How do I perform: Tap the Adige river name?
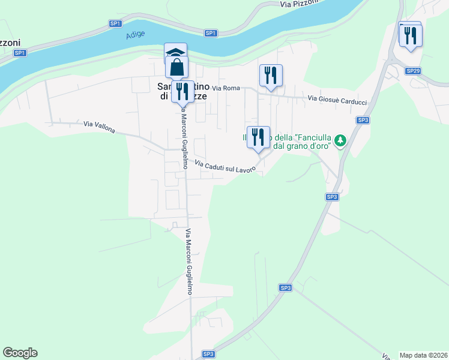[x=136, y=35]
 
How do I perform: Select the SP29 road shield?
[x=412, y=71]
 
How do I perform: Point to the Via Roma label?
[x=230, y=88]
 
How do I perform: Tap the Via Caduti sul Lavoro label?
[x=225, y=167]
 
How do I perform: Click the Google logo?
[x=20, y=353]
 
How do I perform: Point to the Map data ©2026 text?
[x=423, y=355]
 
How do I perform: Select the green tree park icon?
[x=341, y=140]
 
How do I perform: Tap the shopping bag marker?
[x=177, y=67]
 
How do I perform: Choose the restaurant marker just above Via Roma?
[x=271, y=76]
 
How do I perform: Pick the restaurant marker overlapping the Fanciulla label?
[x=258, y=137]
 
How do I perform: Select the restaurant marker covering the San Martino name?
[x=182, y=91]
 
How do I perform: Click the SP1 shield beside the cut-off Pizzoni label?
[x=20, y=53]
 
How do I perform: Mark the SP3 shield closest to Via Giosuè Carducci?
[x=363, y=120]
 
